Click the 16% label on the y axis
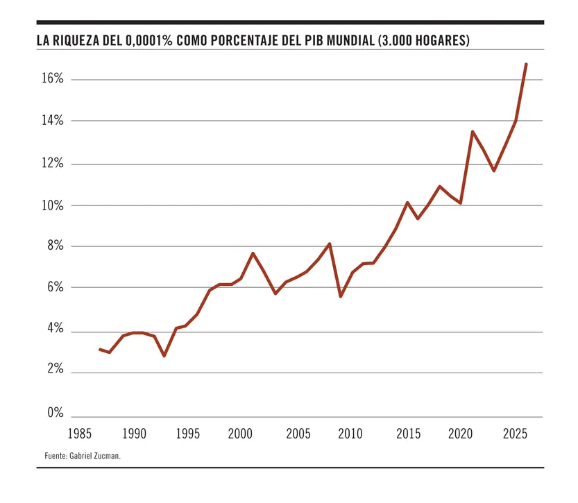(x=53, y=79)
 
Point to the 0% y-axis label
(x=56, y=414)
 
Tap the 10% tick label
(x=53, y=206)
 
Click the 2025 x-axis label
(x=515, y=434)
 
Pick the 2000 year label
(x=240, y=434)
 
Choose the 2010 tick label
(x=350, y=434)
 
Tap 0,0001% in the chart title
(x=148, y=41)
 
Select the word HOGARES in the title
(x=443, y=41)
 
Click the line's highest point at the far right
(x=526, y=64)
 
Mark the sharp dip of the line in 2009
(x=340, y=296)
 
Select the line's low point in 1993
(x=164, y=356)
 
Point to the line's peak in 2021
(x=472, y=132)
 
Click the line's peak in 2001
(x=253, y=253)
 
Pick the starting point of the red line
(x=99, y=349)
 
